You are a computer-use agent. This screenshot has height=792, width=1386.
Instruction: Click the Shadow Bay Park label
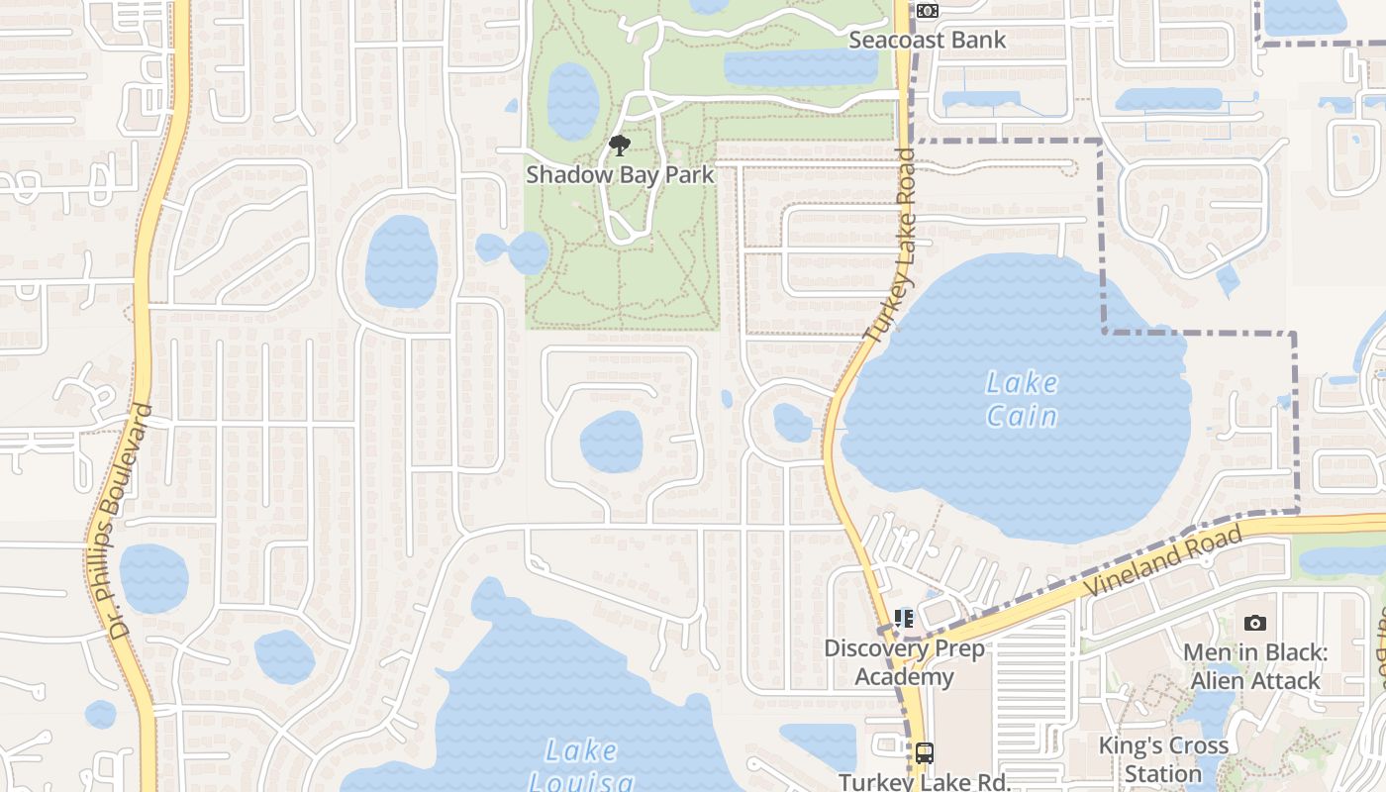(620, 175)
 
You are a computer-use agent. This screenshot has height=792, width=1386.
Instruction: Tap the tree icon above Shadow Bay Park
(620, 147)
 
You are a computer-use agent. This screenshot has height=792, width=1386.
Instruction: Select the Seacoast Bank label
(927, 41)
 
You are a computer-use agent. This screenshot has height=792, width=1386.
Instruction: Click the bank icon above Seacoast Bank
(927, 11)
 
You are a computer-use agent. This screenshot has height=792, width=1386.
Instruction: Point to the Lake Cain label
(1022, 399)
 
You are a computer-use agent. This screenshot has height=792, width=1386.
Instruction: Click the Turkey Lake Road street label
(889, 246)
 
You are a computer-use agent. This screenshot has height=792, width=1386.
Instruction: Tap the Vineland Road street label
(1164, 560)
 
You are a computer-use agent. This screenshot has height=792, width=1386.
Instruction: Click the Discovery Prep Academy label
(904, 662)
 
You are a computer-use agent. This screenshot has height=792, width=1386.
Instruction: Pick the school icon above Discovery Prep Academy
(904, 619)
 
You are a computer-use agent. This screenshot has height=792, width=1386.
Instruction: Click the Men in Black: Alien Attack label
(1255, 666)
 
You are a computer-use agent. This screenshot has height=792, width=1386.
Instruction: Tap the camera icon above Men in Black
(1255, 623)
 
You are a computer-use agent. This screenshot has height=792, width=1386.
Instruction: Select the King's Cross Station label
(1163, 759)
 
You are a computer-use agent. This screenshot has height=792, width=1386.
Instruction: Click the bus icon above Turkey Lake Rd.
(924, 753)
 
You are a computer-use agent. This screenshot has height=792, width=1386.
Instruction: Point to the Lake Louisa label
(581, 765)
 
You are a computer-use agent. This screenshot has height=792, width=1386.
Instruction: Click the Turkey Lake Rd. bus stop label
(924, 782)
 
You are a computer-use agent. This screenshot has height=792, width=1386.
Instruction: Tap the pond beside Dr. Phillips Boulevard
(153, 578)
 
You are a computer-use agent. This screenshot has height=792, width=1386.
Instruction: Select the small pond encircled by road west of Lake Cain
(792, 423)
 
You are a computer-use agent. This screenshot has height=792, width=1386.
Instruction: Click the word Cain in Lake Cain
(1022, 416)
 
